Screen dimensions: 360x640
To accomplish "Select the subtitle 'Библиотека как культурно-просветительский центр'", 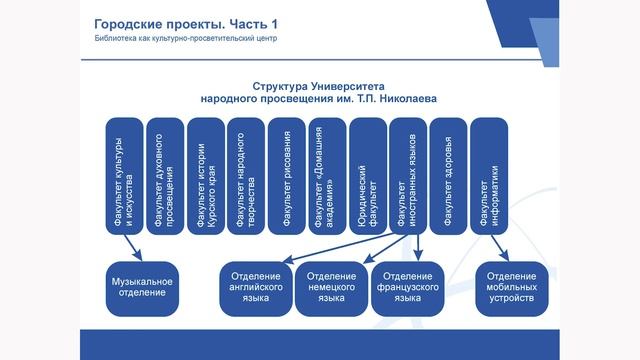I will pyautogui.click(x=179, y=39).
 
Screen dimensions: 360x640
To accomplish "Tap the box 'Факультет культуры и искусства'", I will pyautogui.click(x=124, y=175).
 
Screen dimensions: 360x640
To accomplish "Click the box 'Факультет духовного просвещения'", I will pyautogui.click(x=164, y=175).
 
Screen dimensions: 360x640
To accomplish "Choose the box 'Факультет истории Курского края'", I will pyautogui.click(x=205, y=175).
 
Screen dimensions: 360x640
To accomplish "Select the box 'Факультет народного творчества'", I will pyautogui.click(x=245, y=175).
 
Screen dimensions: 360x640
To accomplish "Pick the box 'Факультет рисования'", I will pyautogui.click(x=286, y=175).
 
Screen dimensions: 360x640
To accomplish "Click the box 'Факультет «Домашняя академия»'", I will pyautogui.click(x=327, y=175).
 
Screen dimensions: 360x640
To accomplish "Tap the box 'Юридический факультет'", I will pyautogui.click(x=367, y=175).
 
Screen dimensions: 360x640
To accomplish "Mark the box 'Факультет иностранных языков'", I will pyautogui.click(x=408, y=175).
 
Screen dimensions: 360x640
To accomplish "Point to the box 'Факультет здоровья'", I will pyautogui.click(x=448, y=175).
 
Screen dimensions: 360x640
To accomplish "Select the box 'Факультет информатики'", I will pyautogui.click(x=489, y=175).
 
